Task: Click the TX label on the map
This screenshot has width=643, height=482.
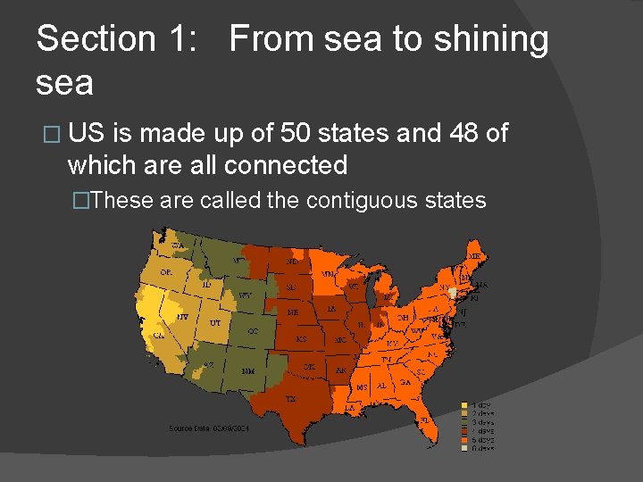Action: [291, 398]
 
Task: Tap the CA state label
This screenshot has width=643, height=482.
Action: [159, 335]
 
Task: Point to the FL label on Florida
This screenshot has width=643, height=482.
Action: [424, 419]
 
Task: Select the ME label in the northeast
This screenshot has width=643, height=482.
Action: [473, 256]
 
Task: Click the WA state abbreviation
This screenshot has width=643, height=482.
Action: [178, 244]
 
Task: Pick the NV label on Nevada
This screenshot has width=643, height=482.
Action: [182, 316]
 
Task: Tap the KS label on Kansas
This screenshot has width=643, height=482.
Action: [302, 339]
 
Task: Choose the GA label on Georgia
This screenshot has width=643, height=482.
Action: [405, 381]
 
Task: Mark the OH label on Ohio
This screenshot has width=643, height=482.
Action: [404, 316]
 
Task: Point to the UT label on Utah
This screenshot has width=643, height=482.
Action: [215, 322]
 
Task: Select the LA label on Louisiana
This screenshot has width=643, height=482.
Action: [350, 407]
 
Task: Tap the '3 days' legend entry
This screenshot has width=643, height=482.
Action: [482, 422]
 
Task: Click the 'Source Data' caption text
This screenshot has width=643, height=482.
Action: [188, 428]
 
